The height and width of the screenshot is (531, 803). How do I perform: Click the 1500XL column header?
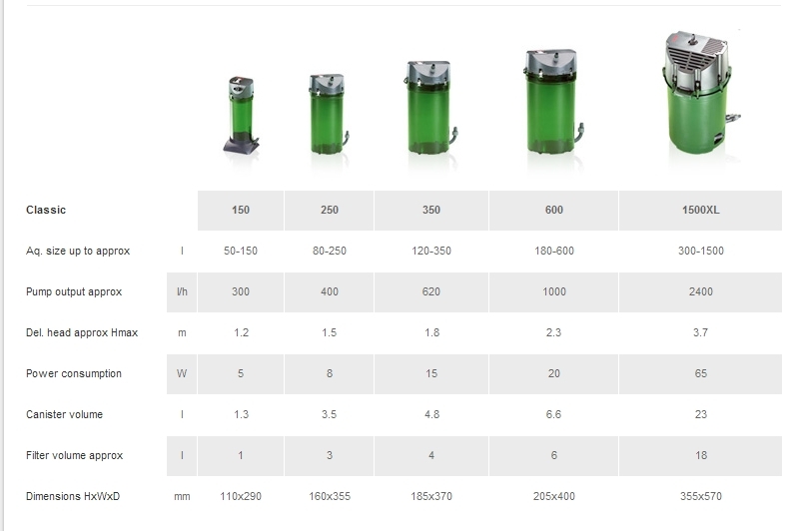pos(700,211)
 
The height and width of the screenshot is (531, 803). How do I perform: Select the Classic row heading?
pos(46,211)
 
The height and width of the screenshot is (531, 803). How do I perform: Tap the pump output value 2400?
pos(700,291)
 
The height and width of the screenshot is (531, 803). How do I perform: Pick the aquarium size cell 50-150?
pos(241,251)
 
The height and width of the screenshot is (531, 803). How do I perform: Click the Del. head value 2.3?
pos(553,332)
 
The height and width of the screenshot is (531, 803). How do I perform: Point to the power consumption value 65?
pos(700,373)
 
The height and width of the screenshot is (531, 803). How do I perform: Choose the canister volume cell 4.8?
pos(431,414)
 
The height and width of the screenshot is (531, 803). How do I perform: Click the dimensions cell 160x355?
pos(330,496)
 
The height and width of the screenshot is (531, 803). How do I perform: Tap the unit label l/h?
pos(182,291)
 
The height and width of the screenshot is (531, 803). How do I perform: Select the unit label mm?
pos(182,497)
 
